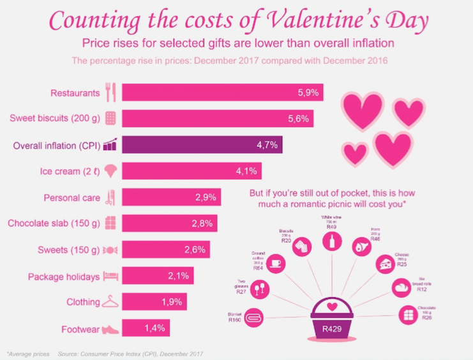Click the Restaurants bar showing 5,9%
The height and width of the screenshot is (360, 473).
[x=221, y=93]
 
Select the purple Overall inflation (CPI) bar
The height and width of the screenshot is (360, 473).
[x=201, y=145]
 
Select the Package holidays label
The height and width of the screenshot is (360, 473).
[x=64, y=276]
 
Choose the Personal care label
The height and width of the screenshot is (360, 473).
[x=71, y=197]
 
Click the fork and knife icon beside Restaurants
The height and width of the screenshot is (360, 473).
[x=110, y=93]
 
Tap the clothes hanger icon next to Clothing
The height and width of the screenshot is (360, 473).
[x=110, y=302]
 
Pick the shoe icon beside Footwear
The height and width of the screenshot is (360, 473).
[x=110, y=329]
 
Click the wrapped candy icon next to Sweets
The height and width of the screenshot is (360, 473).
[x=110, y=250]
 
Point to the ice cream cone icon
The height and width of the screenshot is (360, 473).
[x=110, y=171]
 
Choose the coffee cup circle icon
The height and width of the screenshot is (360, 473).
[x=277, y=264]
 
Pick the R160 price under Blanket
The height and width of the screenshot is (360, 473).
[x=236, y=320]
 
